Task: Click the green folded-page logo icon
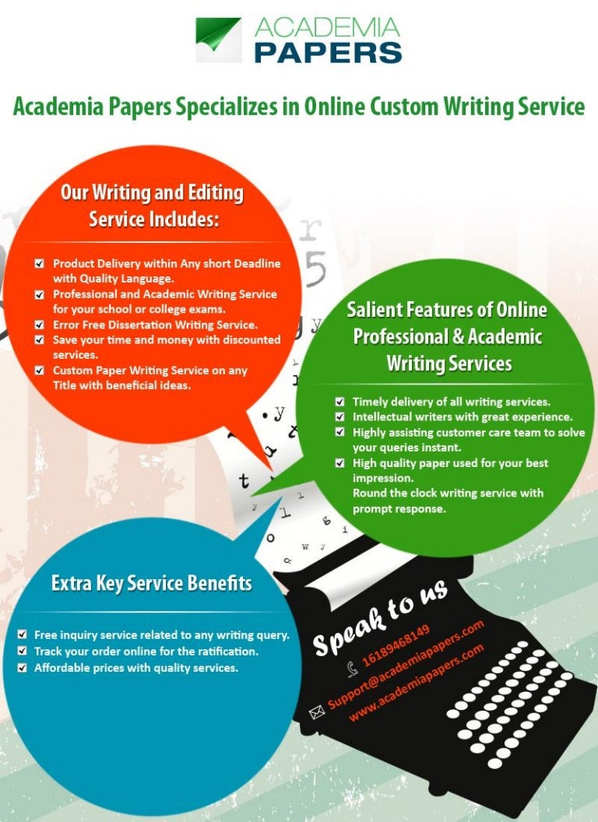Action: pos(219,40)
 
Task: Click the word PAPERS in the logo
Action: pos(329,52)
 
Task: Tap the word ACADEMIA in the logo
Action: pos(327,27)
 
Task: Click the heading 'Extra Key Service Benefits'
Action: pos(152,584)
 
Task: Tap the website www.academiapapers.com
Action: pos(416,682)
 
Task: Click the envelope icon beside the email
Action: pos(317,712)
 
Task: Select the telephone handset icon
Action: pos(353,668)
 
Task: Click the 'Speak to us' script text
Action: pos(380,617)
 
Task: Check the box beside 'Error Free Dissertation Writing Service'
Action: pos(40,325)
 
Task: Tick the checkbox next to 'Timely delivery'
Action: pos(340,402)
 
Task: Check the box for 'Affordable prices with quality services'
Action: pos(22,668)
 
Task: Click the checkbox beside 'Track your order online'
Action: pos(22,651)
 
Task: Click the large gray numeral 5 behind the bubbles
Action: pos(315,269)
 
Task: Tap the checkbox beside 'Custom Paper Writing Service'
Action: pos(40,371)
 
